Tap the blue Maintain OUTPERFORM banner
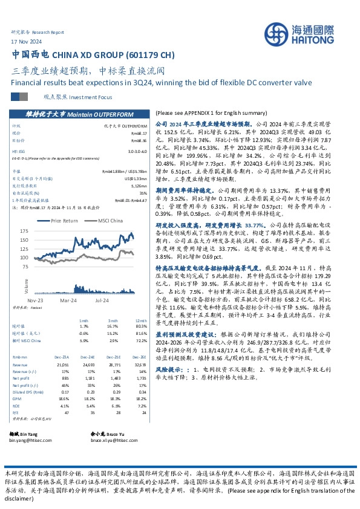[80, 113]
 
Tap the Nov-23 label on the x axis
[35, 299]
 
